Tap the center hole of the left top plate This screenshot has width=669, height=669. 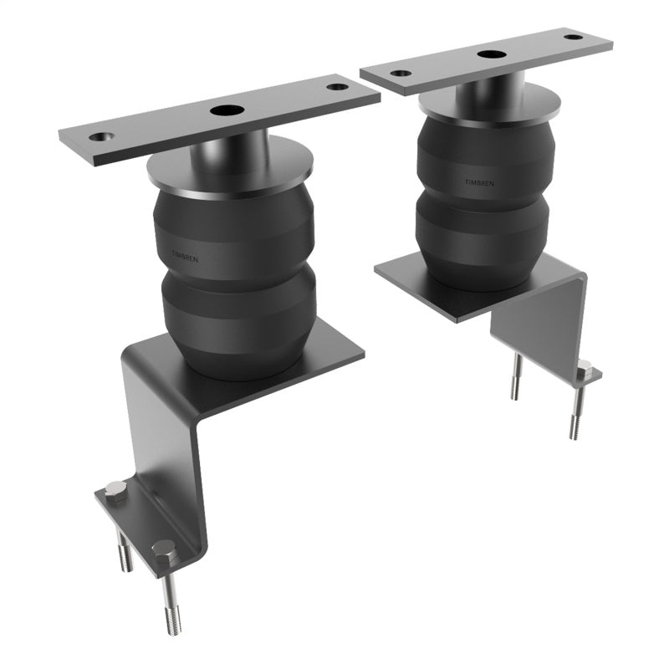coord(224,110)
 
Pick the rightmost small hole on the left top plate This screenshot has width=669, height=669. coord(336,86)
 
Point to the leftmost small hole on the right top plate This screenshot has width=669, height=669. coord(401,73)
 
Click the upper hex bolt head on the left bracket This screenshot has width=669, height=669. coord(117,489)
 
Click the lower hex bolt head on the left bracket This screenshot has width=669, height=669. coord(164,550)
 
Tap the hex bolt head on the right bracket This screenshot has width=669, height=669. coord(584,368)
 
